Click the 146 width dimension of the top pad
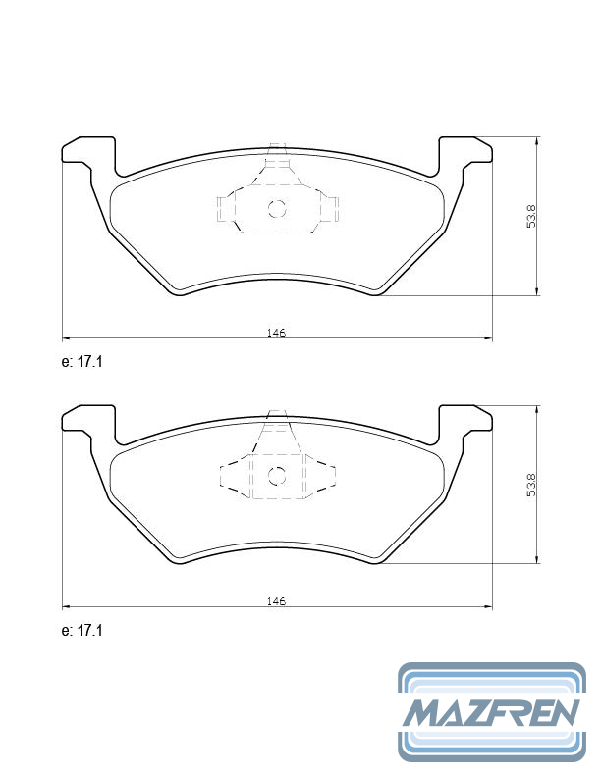(x=276, y=333)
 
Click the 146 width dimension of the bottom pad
(x=276, y=600)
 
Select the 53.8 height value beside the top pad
(x=530, y=216)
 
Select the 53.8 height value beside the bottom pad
(x=530, y=485)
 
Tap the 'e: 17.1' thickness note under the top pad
(x=82, y=362)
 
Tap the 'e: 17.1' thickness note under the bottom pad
(x=82, y=630)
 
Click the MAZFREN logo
(x=491, y=711)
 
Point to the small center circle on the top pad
(x=277, y=208)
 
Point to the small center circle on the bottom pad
(x=277, y=477)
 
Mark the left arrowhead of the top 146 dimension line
(x=66, y=338)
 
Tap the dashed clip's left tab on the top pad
(x=224, y=208)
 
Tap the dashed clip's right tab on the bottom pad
(x=330, y=477)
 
